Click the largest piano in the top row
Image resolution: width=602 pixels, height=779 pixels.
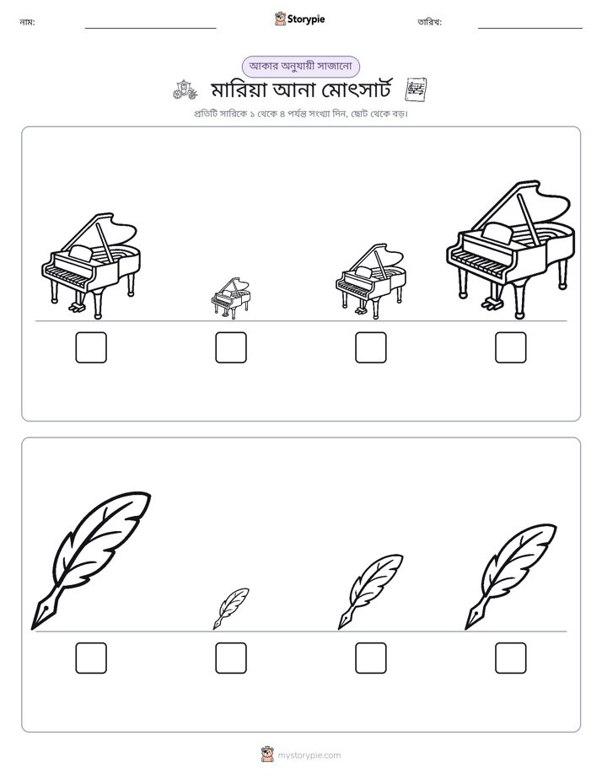click(x=511, y=250)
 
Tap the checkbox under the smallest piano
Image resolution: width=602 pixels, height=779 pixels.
click(x=231, y=347)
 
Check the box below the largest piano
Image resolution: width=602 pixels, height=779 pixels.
click(x=511, y=347)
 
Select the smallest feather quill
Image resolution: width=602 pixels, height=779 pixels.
click(x=231, y=609)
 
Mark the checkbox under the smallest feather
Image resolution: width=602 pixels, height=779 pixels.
click(x=231, y=658)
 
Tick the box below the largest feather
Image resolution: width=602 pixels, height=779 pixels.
click(x=91, y=658)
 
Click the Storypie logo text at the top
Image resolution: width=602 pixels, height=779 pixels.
click(x=306, y=19)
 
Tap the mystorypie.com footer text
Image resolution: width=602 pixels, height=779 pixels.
click(x=309, y=755)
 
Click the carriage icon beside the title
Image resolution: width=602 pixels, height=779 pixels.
click(x=185, y=89)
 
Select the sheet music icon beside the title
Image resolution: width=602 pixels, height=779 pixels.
click(x=417, y=90)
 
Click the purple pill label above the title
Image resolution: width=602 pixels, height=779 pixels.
click(x=300, y=67)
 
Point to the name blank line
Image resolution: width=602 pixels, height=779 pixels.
click(x=150, y=29)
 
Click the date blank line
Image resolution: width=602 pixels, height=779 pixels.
click(x=530, y=29)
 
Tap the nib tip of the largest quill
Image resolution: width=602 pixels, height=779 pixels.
click(x=33, y=628)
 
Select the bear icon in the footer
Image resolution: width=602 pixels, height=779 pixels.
click(x=267, y=755)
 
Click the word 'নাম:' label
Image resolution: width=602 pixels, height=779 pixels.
click(x=27, y=23)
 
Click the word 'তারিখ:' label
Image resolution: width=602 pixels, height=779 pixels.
click(x=430, y=23)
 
